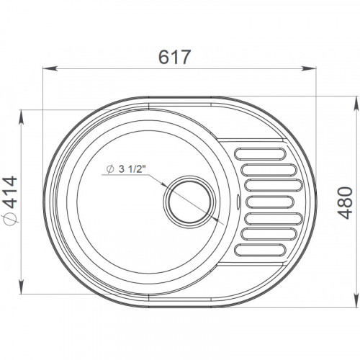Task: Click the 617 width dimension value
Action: (174, 57)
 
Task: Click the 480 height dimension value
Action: (345, 203)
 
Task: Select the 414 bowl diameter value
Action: (11, 192)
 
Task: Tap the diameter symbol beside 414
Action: (9, 219)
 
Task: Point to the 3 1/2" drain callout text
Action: (132, 169)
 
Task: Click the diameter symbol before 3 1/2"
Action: (110, 169)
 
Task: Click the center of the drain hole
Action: (189, 202)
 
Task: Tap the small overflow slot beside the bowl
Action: (238, 202)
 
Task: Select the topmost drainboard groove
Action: (261, 154)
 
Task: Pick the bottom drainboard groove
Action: (261, 250)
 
